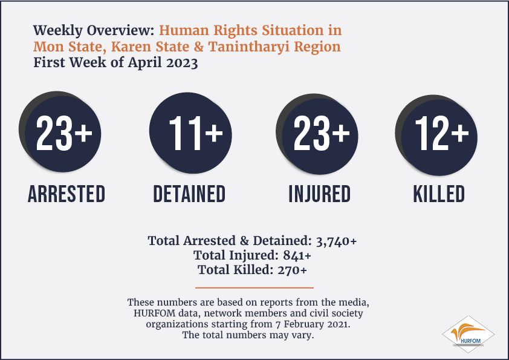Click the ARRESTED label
pyautogui.click(x=66, y=194)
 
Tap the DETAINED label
pyautogui.click(x=189, y=194)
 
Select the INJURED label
pyautogui.click(x=320, y=194)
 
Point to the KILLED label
pyautogui.click(x=439, y=194)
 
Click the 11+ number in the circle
pyautogui.click(x=196, y=133)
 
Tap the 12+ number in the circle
pyautogui.click(x=442, y=133)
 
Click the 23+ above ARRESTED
pyautogui.click(x=64, y=133)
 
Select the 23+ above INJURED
pyautogui.click(x=322, y=133)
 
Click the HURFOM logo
pyautogui.click(x=468, y=335)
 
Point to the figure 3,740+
pyautogui.click(x=336, y=241)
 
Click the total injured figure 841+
pyautogui.click(x=297, y=255)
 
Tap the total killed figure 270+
pyautogui.click(x=292, y=270)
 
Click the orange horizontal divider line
pyautogui.click(x=254, y=287)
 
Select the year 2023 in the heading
pyautogui.click(x=182, y=63)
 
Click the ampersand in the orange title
pyautogui.click(x=199, y=47)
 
